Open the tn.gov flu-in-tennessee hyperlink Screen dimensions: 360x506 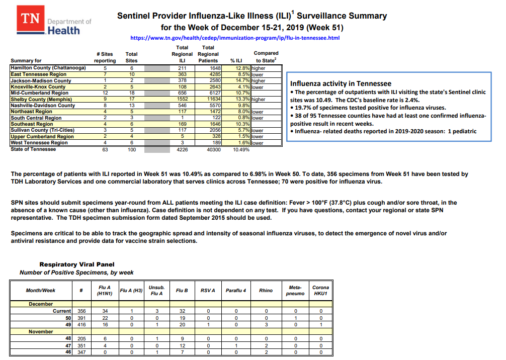coord(235,38)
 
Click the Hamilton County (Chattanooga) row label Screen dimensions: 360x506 coord(48,68)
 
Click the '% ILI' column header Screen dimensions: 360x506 coord(236,61)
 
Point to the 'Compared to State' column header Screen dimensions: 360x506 coord(266,57)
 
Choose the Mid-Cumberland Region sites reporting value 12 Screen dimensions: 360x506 coord(105,93)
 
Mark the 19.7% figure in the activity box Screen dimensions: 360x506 coord(303,108)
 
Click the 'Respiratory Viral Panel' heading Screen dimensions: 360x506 coord(77,264)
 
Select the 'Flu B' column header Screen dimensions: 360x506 coord(182,290)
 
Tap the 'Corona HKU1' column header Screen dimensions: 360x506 coord(320,290)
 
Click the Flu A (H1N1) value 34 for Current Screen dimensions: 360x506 coord(105,311)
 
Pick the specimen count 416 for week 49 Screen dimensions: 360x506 coord(81,325)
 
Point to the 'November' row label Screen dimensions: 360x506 coord(41,332)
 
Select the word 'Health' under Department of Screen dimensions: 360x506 coord(63,31)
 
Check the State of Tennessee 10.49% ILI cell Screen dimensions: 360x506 coord(241,149)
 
